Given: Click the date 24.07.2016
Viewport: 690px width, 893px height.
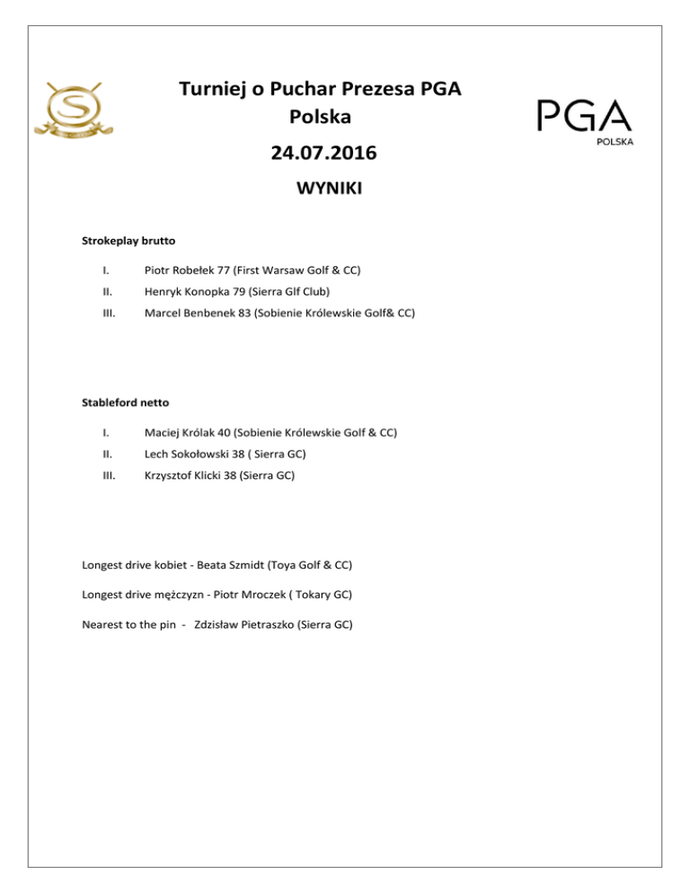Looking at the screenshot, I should pos(323,154).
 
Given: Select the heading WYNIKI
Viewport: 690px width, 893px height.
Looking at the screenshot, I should pos(323,191).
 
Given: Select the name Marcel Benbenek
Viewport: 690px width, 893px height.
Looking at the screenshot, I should pos(189,314).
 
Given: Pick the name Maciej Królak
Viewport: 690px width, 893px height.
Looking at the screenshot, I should pos(180,433).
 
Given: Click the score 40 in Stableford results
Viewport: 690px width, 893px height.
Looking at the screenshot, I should pos(225,433).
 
